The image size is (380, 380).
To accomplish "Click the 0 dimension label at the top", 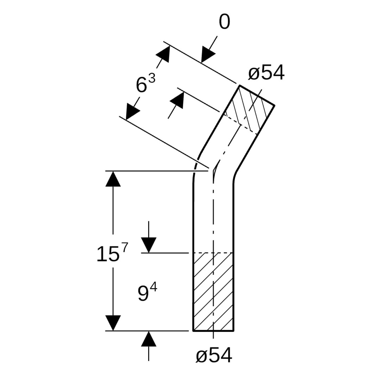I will [224, 23].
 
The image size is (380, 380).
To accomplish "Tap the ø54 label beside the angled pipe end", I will [266, 73].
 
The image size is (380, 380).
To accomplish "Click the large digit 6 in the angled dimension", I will [141, 85].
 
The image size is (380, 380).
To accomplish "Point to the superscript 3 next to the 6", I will [151, 78].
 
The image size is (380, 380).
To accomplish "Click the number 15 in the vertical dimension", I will [108, 254].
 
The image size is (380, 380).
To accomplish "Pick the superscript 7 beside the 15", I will [125, 247].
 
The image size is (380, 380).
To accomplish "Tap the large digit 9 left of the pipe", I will [143, 294].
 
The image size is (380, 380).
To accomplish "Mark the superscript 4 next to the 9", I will [153, 287].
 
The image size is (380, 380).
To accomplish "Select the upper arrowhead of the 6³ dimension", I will [163, 54].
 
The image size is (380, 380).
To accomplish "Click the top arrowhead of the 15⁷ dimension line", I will [113, 179].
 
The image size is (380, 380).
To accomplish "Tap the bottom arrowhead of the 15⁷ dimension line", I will [113, 323].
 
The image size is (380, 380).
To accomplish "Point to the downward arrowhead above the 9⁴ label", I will [148, 245].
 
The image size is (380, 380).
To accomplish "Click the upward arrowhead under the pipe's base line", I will [148, 339].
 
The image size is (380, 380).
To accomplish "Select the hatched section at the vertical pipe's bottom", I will [213, 292].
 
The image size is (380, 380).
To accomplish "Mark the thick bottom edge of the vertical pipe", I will [213, 331].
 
